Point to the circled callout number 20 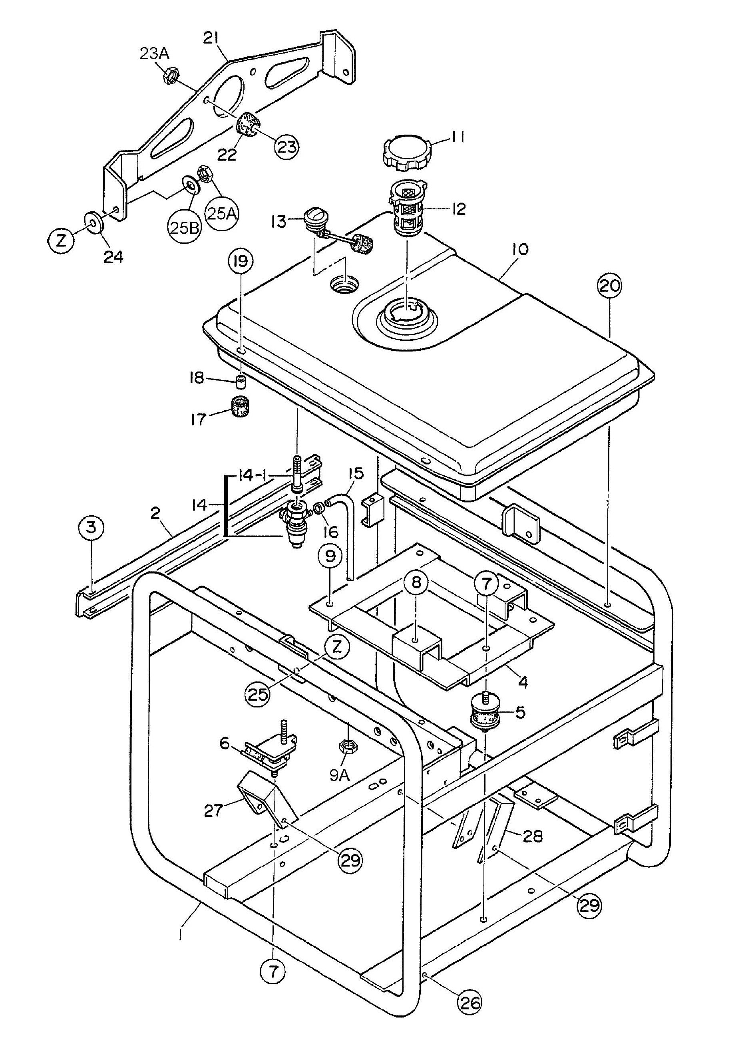[610, 286]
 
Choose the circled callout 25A [222, 213]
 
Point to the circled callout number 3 [92, 528]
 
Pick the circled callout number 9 [330, 556]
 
